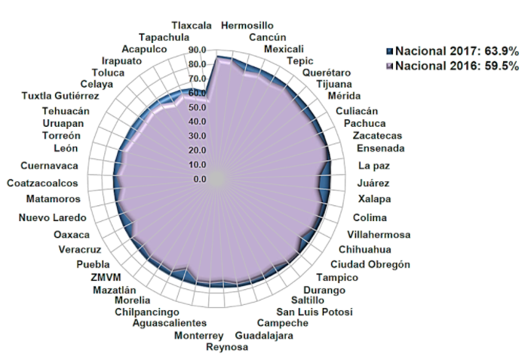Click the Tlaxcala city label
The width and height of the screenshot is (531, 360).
pyautogui.click(x=192, y=25)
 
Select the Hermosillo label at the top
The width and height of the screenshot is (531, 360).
pyautogui.click(x=247, y=26)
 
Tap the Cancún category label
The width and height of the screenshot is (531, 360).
pyautogui.click(x=268, y=37)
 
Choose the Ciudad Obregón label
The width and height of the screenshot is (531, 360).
pyautogui.click(x=370, y=264)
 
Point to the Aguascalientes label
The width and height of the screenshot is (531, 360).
pyautogui.click(x=169, y=324)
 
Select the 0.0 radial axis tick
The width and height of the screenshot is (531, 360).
pyautogui.click(x=200, y=180)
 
